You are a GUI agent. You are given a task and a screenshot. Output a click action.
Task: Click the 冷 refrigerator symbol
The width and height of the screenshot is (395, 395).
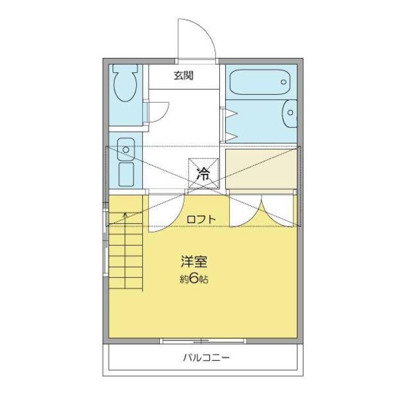202,173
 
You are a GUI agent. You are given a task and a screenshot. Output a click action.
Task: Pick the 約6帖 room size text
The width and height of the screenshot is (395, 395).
193,279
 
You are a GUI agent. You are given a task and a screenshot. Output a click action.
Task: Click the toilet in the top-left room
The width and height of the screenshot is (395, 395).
125,84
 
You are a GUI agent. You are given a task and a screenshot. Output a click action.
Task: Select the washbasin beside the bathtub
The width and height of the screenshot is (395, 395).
290,114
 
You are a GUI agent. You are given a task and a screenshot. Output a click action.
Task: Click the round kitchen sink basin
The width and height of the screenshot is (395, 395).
126,148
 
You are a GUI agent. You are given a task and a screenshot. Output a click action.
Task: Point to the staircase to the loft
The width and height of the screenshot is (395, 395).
125,252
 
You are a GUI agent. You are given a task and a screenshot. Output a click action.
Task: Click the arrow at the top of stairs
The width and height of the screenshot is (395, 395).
125,215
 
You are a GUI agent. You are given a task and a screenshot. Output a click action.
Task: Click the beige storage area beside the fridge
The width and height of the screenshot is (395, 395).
260,168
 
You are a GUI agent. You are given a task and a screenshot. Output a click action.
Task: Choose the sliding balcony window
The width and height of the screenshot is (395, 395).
202,340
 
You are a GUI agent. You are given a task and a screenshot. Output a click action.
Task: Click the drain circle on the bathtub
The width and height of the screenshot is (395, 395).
283,82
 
